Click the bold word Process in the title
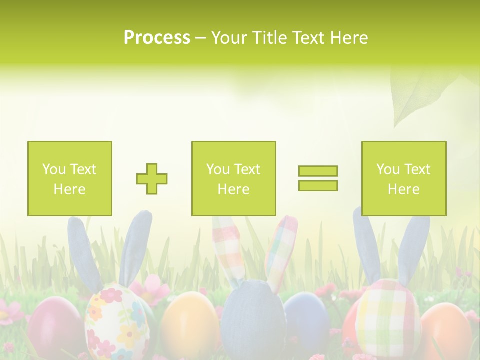point(157,38)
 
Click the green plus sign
point(152,179)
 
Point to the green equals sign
point(318,178)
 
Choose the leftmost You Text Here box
point(70,179)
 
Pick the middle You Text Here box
point(234,179)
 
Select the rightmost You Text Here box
point(404,179)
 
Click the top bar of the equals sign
point(318,171)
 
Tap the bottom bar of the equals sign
point(318,186)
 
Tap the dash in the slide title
point(200,38)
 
